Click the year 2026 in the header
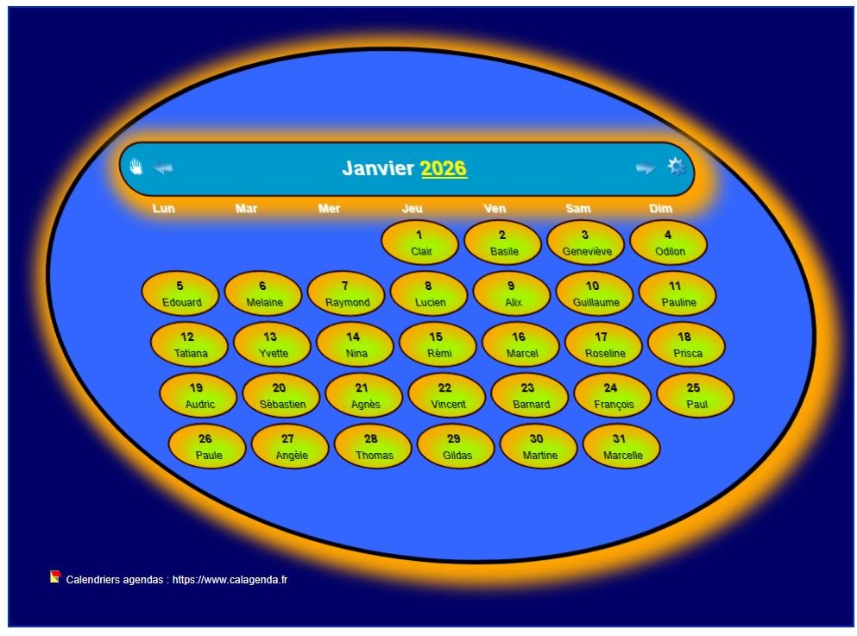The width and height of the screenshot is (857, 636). coord(444,168)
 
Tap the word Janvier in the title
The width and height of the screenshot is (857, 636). coord(378,168)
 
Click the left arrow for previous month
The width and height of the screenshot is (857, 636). coord(162,168)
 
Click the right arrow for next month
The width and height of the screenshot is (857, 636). coord(645,168)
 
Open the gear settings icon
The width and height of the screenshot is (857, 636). coord(677,167)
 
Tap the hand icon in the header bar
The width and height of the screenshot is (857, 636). coord(135,167)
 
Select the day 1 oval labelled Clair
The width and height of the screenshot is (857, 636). coord(419,242)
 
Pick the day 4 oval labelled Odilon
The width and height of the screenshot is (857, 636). coord(668,242)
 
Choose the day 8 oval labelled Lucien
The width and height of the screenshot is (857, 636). coord(429,293)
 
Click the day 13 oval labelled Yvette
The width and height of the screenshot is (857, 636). coord(272,344)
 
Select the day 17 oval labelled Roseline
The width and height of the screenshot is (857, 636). coord(603,344)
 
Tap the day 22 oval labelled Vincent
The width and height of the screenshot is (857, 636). coord(446,395)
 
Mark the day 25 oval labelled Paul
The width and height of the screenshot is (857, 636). coord(695,395)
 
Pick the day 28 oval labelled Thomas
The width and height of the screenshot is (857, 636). coord(373,446)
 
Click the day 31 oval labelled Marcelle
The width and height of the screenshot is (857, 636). coord(621,446)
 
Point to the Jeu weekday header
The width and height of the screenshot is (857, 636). coord(413,209)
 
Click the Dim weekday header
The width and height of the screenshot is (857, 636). coord(660,209)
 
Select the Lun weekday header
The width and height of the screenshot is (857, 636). coord(163,209)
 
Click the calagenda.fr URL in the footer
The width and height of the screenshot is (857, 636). coord(230,580)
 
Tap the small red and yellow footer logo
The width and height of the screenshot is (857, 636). coord(55,577)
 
